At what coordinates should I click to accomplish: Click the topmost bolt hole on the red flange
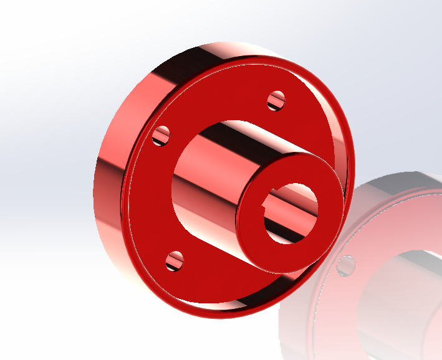[276, 100]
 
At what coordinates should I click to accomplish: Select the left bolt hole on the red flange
[162, 135]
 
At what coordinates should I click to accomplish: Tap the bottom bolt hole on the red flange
[176, 261]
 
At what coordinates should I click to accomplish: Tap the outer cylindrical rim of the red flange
[109, 206]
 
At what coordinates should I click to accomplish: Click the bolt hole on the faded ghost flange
[342, 266]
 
